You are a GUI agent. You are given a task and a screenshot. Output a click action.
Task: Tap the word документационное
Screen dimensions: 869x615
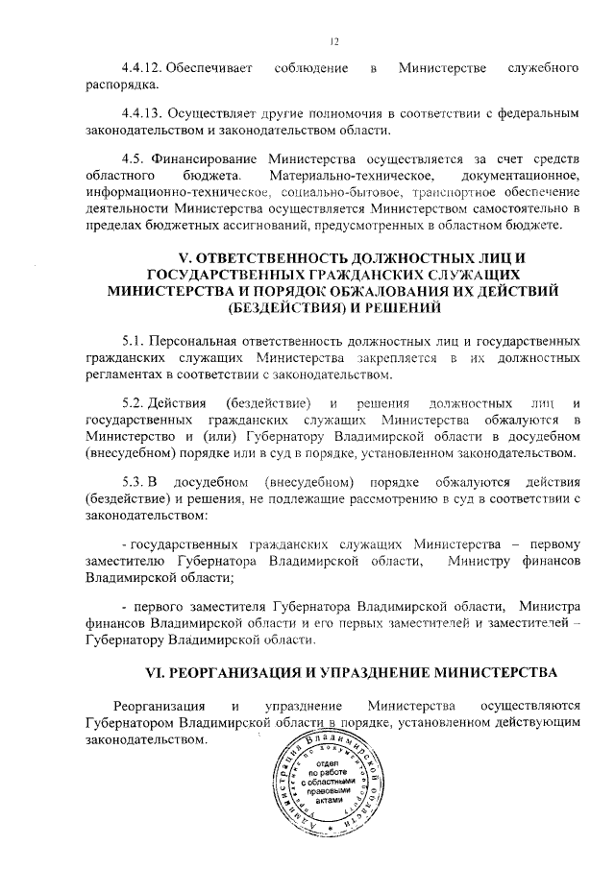pyautogui.click(x=517, y=176)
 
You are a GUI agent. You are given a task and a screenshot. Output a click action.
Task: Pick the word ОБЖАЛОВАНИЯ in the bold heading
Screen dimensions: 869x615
pyautogui.click(x=365, y=292)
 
